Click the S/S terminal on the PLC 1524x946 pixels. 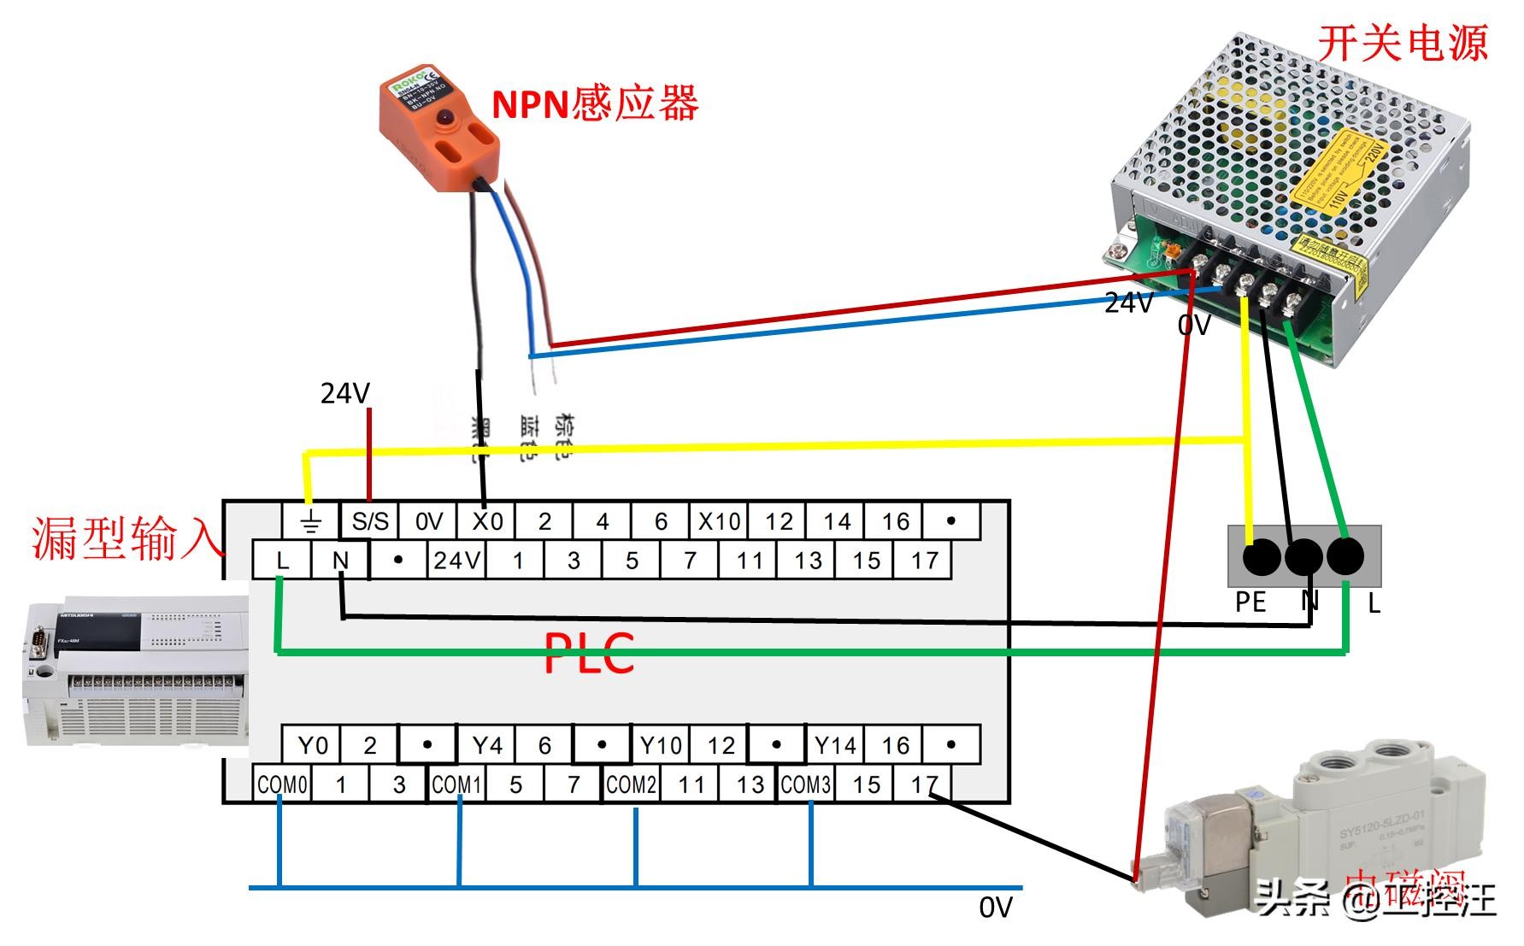(x=369, y=521)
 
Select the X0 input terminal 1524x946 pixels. (x=487, y=521)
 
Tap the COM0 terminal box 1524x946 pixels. (x=282, y=784)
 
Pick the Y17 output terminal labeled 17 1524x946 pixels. (x=924, y=784)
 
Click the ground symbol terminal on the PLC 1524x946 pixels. (x=311, y=521)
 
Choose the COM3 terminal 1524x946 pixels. (x=805, y=784)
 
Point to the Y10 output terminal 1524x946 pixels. (x=661, y=746)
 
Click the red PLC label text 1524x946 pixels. (x=589, y=654)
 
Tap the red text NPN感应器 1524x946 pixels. (x=595, y=103)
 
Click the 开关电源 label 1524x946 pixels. (x=1402, y=43)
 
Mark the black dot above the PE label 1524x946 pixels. (x=1261, y=557)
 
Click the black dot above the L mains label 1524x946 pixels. (x=1345, y=557)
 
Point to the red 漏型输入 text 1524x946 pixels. (x=126, y=539)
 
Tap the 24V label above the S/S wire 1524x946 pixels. (x=344, y=393)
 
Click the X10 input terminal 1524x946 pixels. (x=719, y=521)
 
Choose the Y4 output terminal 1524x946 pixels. (x=486, y=746)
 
